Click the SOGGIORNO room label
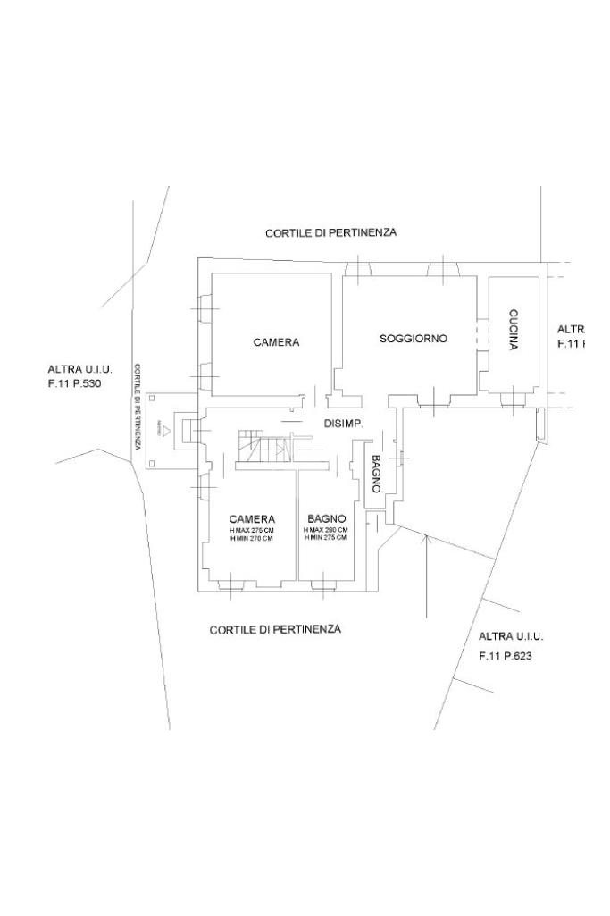(413, 339)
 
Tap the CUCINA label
(514, 329)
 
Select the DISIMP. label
(342, 424)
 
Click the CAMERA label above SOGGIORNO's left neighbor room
(276, 342)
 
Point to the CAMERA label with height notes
(252, 518)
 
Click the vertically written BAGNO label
(376, 474)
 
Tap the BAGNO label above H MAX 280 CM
(326, 518)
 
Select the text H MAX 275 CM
(252, 530)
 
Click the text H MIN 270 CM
(252, 538)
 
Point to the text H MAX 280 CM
(326, 530)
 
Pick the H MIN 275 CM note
(326, 538)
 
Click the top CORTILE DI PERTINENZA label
(330, 232)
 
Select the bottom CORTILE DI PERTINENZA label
(275, 629)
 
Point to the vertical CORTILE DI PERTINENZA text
(138, 406)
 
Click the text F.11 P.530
(80, 383)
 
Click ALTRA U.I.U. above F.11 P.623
(511, 636)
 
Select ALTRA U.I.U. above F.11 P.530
(80, 368)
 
